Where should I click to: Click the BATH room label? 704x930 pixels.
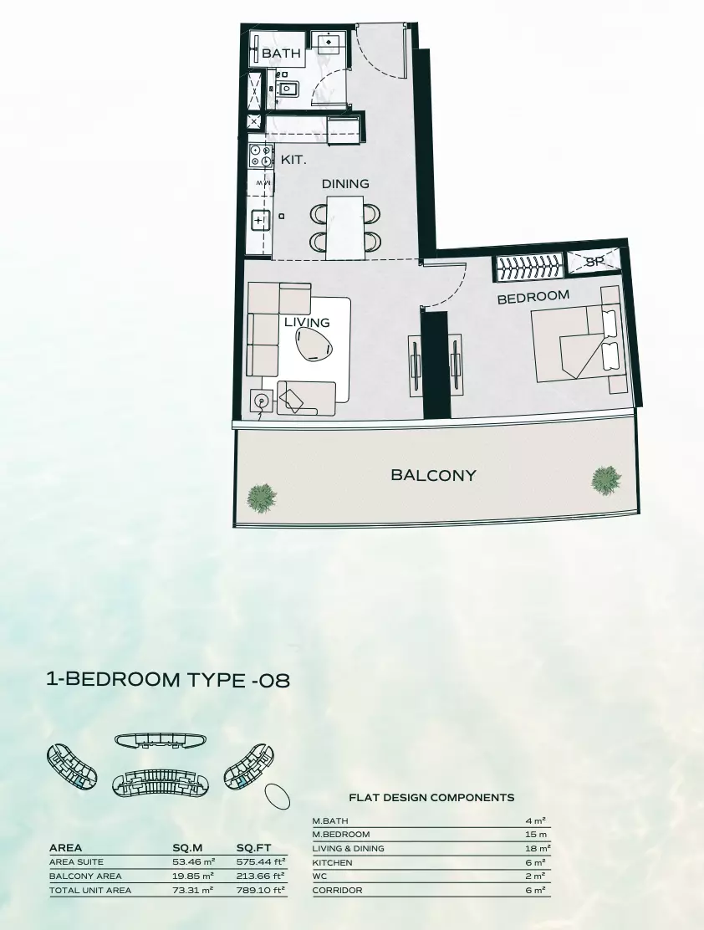click(x=281, y=54)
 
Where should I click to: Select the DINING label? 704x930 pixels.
click(x=345, y=184)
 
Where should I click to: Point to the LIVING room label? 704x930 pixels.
click(x=307, y=322)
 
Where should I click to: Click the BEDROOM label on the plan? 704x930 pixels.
click(x=533, y=297)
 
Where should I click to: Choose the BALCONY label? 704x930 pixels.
click(x=433, y=475)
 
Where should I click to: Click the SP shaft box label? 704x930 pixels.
click(x=594, y=262)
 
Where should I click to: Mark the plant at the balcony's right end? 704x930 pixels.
click(x=606, y=479)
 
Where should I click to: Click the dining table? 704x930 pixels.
click(x=345, y=227)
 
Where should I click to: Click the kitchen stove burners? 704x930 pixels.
click(x=261, y=155)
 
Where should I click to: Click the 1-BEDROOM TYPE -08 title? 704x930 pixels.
click(x=168, y=680)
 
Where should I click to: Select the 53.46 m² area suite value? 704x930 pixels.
click(x=192, y=861)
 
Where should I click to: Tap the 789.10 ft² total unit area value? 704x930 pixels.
click(x=261, y=890)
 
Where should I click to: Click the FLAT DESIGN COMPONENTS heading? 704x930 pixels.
click(x=431, y=798)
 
